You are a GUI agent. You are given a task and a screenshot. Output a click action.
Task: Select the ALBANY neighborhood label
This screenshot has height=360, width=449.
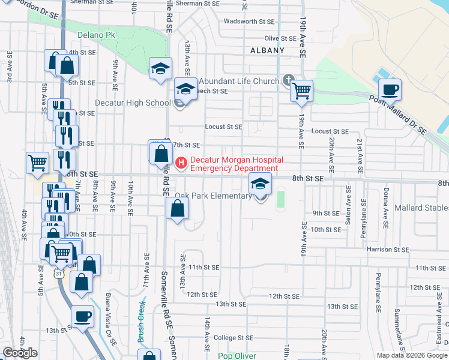pyautogui.click(x=267, y=50)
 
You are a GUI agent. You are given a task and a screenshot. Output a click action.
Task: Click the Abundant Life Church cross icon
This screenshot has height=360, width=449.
pyautogui.click(x=288, y=80)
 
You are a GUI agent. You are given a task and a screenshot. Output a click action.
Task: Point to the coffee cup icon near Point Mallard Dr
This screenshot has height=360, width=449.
pyautogui.click(x=390, y=90)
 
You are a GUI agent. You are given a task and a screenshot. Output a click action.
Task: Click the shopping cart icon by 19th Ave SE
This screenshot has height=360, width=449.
pyautogui.click(x=301, y=91)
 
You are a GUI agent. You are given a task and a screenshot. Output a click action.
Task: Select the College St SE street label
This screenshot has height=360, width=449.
pyautogui.click(x=232, y=338)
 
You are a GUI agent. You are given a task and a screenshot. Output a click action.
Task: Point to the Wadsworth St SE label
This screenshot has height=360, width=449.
pyautogui.click(x=249, y=21)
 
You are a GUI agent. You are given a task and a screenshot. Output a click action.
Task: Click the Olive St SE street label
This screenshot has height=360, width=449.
pyautogui.click(x=281, y=38)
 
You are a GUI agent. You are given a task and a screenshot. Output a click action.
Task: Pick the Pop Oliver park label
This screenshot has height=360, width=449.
pyautogui.click(x=237, y=355)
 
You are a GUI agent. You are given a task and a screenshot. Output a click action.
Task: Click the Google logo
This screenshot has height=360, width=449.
pyautogui.click(x=20, y=353)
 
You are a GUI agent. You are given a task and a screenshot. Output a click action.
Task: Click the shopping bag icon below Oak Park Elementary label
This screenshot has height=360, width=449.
pyautogui.click(x=177, y=209)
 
